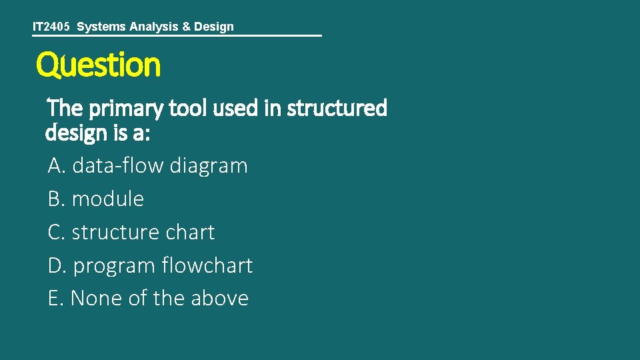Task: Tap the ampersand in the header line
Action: click(x=186, y=27)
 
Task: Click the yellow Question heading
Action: click(x=98, y=65)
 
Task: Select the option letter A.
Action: click(x=56, y=165)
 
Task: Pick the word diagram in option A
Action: click(x=208, y=165)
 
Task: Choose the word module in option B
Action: click(x=107, y=199)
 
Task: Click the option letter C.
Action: click(x=56, y=232)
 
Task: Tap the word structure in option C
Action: click(x=114, y=232)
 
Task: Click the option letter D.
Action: click(x=57, y=265)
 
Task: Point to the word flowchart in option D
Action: click(x=207, y=265)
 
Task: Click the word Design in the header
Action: click(x=214, y=27)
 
